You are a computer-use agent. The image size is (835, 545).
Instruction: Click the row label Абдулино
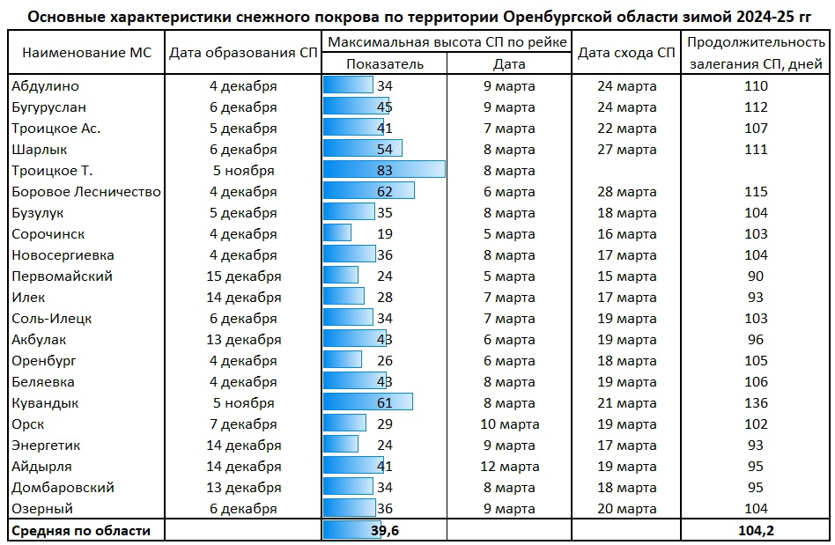pos(45,85)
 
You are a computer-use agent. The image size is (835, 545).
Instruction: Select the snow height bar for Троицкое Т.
pos(384,170)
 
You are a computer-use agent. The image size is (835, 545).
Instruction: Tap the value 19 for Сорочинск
pos(384,233)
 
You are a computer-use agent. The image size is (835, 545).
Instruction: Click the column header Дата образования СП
pos(243,53)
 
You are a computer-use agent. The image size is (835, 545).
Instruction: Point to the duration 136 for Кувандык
pos(755,402)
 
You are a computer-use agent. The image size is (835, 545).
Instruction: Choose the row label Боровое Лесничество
pos(86,191)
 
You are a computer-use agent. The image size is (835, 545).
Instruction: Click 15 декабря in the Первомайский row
pos(243,276)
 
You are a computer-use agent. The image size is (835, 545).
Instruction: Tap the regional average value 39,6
pos(384,530)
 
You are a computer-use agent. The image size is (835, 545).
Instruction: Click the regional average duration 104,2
pos(755,530)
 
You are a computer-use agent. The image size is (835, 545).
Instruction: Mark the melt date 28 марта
pos(626,191)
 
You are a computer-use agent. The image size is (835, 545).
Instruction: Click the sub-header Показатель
pos(384,63)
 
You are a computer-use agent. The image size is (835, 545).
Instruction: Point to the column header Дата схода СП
pos(625,53)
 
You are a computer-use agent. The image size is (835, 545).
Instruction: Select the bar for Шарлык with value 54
pos(363,149)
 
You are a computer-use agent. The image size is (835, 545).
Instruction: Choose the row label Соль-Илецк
pos(52,318)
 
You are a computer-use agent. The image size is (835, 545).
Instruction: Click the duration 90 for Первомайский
pos(755,276)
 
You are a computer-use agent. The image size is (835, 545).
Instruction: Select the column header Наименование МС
pos(86,53)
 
